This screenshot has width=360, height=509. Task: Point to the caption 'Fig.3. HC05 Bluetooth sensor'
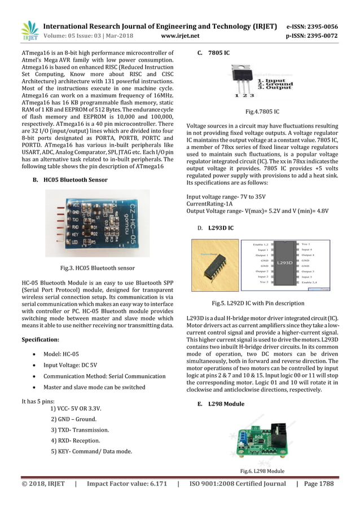click(x=98, y=267)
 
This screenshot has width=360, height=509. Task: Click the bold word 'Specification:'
click(x=40, y=340)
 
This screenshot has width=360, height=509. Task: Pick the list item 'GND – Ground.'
click(x=73, y=419)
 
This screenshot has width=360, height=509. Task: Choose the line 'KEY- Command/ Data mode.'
click(x=91, y=451)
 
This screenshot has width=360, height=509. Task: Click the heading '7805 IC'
click(x=218, y=53)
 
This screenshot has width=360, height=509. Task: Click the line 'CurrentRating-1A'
click(x=212, y=203)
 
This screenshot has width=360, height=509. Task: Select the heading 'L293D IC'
click(x=221, y=227)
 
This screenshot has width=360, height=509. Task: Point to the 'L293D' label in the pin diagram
click(x=284, y=262)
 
